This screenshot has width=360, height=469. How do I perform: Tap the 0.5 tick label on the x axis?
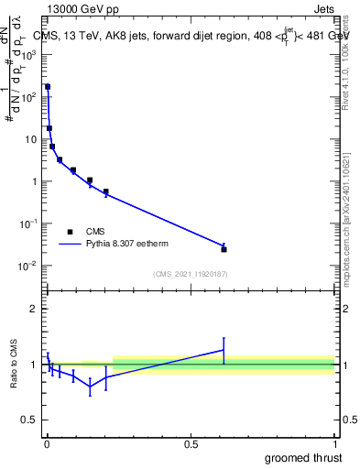tap(191, 444)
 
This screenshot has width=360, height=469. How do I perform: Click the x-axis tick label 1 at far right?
tap(334, 444)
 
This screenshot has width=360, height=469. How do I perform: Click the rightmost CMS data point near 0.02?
tap(224, 249)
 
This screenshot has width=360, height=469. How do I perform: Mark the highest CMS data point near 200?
tap(48, 87)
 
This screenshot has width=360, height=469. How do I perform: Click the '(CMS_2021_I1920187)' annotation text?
tap(190, 274)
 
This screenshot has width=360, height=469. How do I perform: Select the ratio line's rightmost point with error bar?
tap(224, 350)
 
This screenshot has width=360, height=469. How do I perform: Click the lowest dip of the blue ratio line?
tap(90, 387)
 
